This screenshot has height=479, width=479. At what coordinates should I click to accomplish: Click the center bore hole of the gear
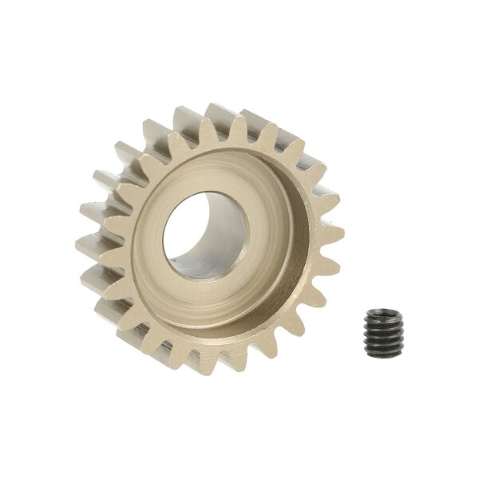point(206,235)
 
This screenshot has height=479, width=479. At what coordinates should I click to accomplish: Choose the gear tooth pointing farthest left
point(84,247)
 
